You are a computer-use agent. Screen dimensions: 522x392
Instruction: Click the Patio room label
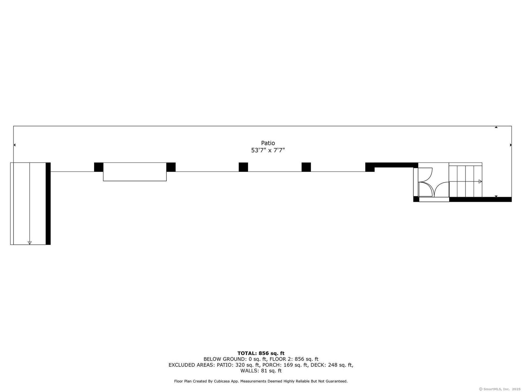pos(268,143)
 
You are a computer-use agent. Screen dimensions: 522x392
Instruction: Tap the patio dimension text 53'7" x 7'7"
pos(268,150)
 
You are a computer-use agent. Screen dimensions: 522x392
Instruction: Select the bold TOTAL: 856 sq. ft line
pos(261,353)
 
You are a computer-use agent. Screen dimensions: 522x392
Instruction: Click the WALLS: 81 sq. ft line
pos(261,371)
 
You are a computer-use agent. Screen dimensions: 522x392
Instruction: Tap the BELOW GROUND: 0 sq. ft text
pos(235,359)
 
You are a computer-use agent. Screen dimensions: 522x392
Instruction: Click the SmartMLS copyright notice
pos(500,389)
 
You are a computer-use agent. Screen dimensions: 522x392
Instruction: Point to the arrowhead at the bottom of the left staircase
pos(30,243)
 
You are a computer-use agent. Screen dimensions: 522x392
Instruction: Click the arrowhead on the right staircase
pos(480,182)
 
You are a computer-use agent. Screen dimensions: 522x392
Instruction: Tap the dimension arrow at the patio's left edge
pos(14,145)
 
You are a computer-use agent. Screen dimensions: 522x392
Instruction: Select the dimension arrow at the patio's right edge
pos(511,145)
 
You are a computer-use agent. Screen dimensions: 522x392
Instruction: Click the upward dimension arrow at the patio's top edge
pos(496,127)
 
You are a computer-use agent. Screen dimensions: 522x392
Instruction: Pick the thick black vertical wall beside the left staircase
pos(48,204)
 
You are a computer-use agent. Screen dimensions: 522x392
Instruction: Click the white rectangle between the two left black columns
pos(135,172)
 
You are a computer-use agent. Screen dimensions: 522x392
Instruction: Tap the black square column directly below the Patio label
pos(243,167)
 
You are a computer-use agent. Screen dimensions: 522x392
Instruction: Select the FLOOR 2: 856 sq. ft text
pos(294,359)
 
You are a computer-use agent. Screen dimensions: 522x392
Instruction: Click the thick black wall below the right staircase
pos(480,200)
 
